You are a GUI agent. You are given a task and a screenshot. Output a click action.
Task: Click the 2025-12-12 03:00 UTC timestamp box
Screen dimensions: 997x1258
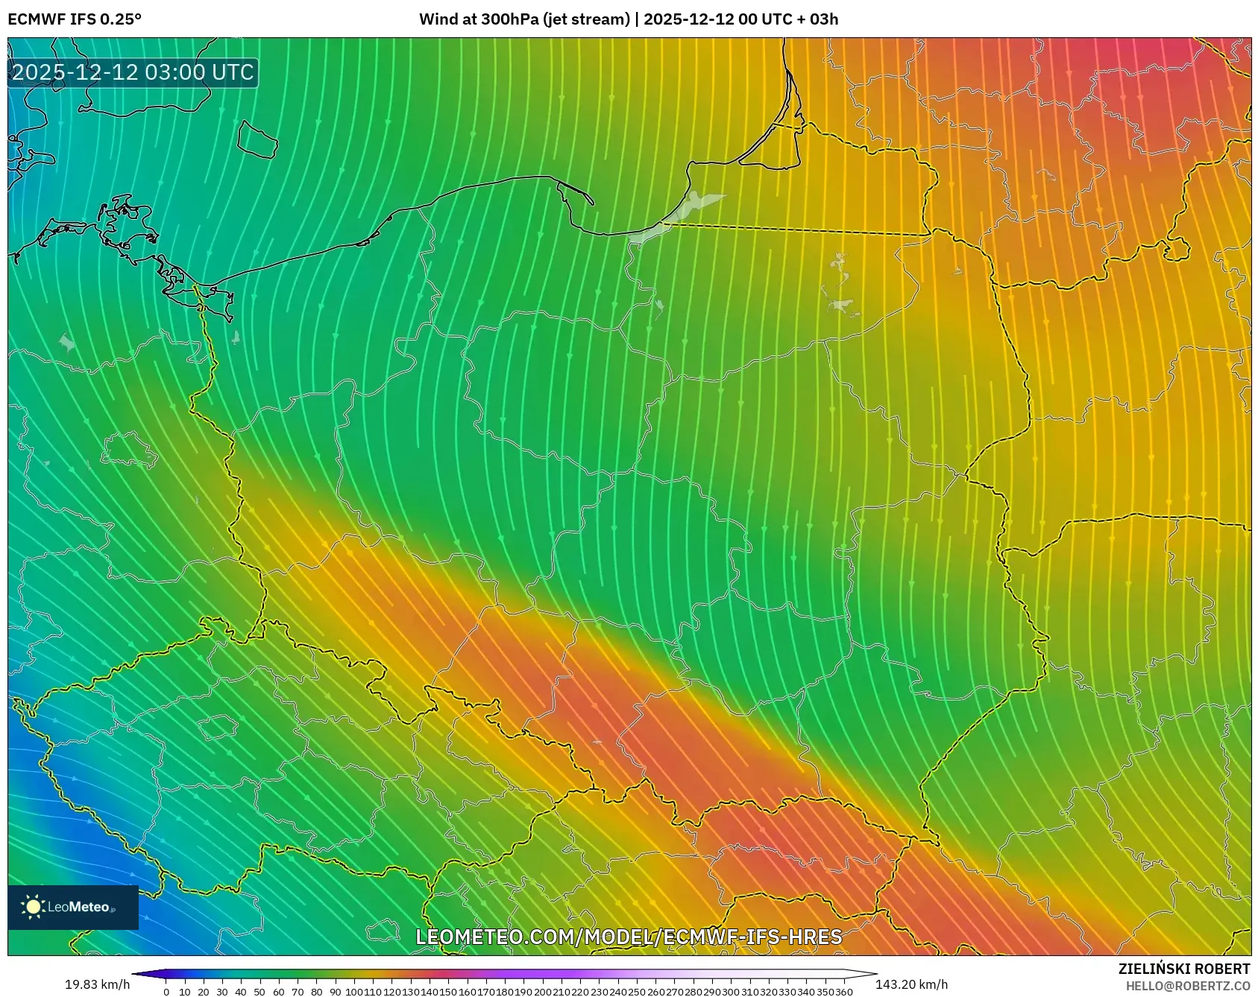pos(133,72)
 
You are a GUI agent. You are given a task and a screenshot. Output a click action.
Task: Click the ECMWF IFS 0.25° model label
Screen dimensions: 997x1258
pos(75,19)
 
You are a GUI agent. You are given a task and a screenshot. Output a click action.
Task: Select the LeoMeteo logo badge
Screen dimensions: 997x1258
pos(73,907)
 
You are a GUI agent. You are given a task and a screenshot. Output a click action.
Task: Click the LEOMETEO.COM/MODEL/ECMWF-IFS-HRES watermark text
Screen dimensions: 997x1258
pos(629,937)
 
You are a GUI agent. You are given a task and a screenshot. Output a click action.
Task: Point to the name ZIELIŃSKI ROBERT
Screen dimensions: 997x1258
pos(1183,969)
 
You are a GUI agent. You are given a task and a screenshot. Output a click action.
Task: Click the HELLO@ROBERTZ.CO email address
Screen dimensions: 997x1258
pos(1187,986)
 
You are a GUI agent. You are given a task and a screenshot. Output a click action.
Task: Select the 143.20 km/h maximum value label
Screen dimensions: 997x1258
pos(911,984)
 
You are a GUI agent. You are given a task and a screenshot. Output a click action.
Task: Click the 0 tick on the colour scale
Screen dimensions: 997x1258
pos(166,992)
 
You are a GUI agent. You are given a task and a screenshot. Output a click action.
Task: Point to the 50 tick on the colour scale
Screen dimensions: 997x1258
pos(260,992)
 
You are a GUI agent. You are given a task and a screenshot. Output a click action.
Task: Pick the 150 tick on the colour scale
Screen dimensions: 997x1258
pos(448,992)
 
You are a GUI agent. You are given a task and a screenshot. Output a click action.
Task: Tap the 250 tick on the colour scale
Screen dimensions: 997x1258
pos(637,992)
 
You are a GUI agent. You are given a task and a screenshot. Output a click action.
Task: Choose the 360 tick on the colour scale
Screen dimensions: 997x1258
pos(844,992)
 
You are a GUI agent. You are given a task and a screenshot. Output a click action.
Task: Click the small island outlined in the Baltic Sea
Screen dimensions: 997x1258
pos(257,139)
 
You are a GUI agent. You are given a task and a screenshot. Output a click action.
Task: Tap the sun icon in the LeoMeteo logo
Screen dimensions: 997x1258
pos(33,907)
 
